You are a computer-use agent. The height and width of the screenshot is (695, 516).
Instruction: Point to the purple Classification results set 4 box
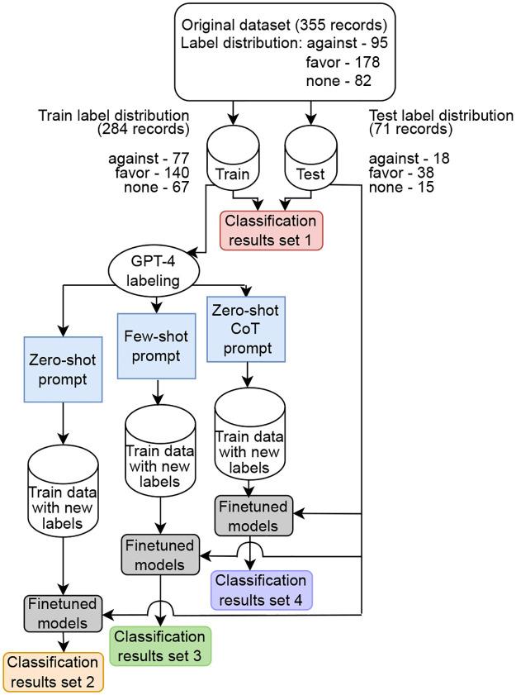pyautogui.click(x=263, y=588)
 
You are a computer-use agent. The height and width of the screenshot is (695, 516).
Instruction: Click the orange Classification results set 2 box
pyautogui.click(x=54, y=673)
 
